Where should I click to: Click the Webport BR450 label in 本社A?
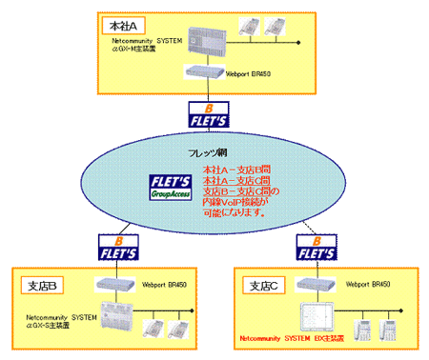pyautogui.click(x=253, y=72)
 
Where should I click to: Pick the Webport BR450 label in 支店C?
pyautogui.click(x=367, y=284)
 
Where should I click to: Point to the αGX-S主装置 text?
pyautogui.click(x=53, y=320)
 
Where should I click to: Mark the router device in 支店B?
pyautogui.click(x=116, y=284)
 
